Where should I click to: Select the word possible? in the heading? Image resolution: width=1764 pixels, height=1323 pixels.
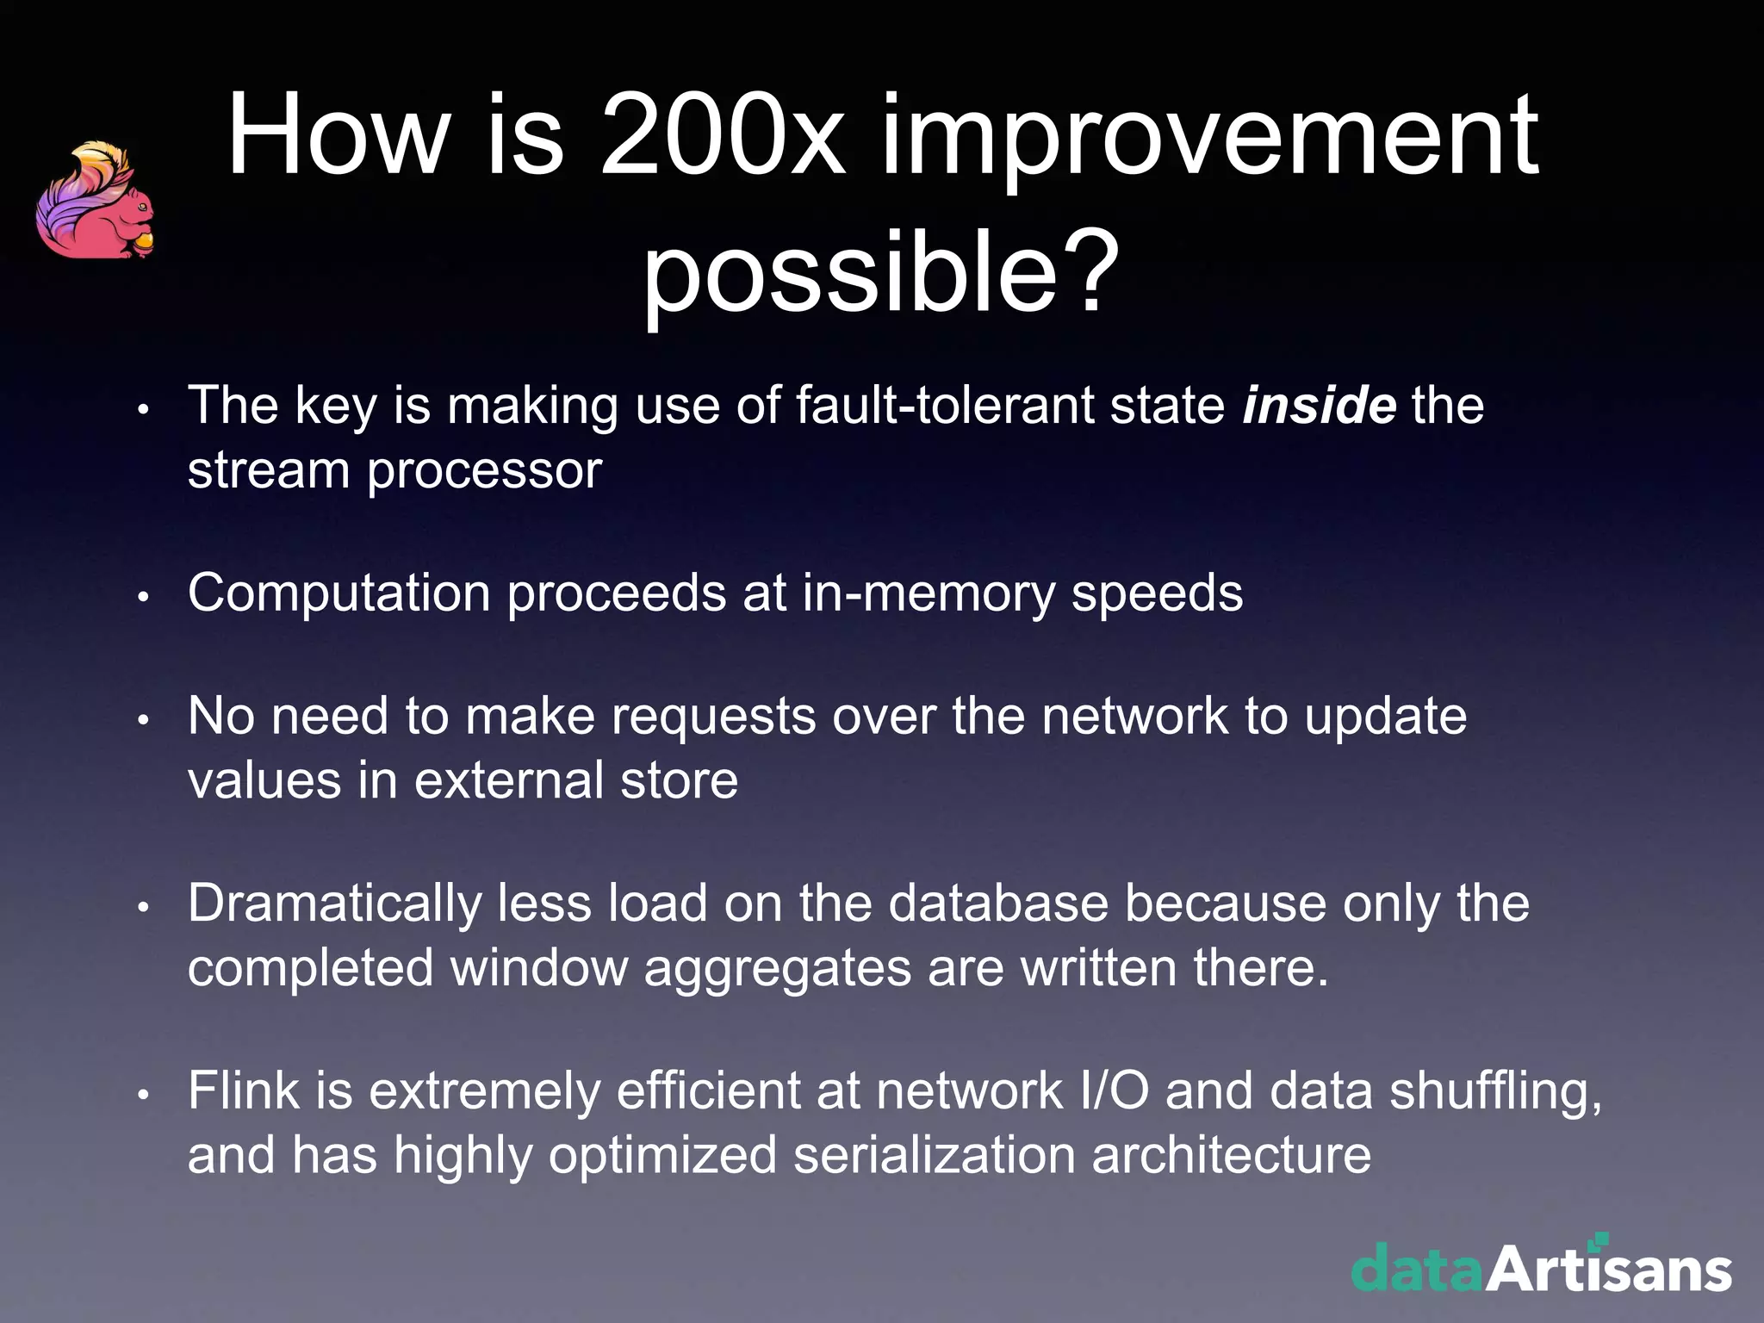[881, 274]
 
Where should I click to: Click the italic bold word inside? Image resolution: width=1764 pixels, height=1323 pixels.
[1319, 405]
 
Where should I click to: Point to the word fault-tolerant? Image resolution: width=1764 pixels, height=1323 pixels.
[944, 405]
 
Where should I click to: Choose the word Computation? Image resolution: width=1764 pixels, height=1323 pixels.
[339, 594]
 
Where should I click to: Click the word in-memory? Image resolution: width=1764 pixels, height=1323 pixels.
[928, 594]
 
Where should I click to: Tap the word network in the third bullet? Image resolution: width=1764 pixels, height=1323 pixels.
[1134, 717]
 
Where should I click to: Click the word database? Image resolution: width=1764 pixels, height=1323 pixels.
[998, 904]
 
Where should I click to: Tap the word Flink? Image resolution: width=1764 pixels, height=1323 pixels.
[243, 1090]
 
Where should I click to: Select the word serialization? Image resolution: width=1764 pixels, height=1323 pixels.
[934, 1155]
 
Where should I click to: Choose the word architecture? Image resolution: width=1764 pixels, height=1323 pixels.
[1231, 1155]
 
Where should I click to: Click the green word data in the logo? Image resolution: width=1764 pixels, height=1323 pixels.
[1417, 1270]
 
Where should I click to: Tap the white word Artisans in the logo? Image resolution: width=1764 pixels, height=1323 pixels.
[1608, 1270]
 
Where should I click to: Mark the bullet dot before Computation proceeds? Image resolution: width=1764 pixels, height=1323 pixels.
[144, 596]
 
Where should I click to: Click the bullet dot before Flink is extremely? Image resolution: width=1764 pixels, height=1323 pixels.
[144, 1094]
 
